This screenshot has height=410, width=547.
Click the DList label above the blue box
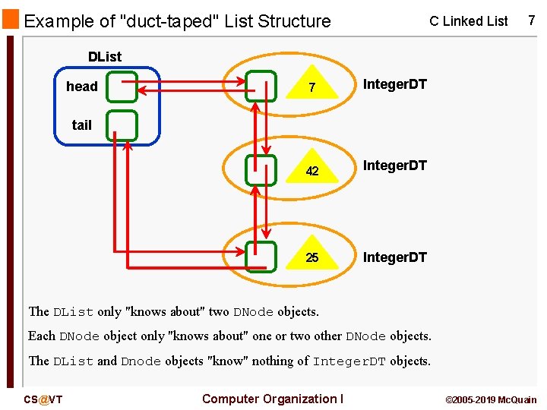[104, 56]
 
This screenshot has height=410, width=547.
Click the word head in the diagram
[82, 87]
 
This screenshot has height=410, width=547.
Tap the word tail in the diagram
[82, 125]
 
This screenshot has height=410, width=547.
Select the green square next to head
[122, 87]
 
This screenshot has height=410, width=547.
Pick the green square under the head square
[122, 125]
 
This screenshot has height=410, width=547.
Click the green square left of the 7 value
[261, 87]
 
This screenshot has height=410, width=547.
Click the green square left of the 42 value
[261, 170]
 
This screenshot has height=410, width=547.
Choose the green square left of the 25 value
[261, 257]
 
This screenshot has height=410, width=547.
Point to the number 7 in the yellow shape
[311, 90]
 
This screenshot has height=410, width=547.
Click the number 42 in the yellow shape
[312, 171]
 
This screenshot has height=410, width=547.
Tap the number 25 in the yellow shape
[312, 257]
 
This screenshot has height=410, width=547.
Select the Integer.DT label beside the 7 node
[394, 84]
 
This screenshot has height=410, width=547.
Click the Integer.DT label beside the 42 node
[394, 165]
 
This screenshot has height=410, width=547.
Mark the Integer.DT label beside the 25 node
[394, 257]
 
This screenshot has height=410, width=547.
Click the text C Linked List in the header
[468, 21]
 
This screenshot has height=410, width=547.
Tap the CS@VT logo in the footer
[43, 399]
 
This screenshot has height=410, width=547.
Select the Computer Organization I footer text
[273, 399]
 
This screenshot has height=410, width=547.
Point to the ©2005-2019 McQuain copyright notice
[490, 399]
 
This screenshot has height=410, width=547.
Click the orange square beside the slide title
[11, 19]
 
